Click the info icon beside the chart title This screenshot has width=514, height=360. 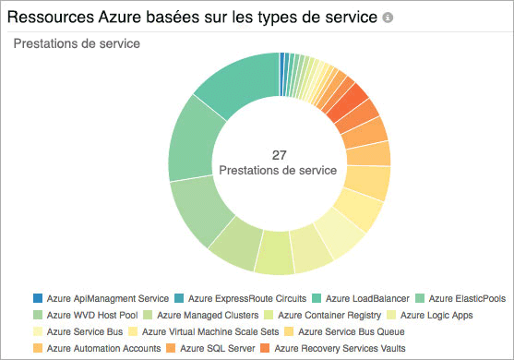[x=388, y=18]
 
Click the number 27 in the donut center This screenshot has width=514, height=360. [x=280, y=154]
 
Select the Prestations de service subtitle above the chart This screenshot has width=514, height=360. [x=77, y=44]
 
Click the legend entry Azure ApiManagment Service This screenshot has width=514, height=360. [x=107, y=298]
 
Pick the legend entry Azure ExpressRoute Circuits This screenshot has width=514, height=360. [x=247, y=298]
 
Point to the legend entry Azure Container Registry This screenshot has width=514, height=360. [x=343, y=315]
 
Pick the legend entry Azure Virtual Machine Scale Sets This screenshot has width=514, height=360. [x=230, y=331]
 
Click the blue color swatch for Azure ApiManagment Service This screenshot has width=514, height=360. [x=37, y=298]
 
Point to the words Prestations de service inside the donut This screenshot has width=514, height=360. [x=280, y=171]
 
